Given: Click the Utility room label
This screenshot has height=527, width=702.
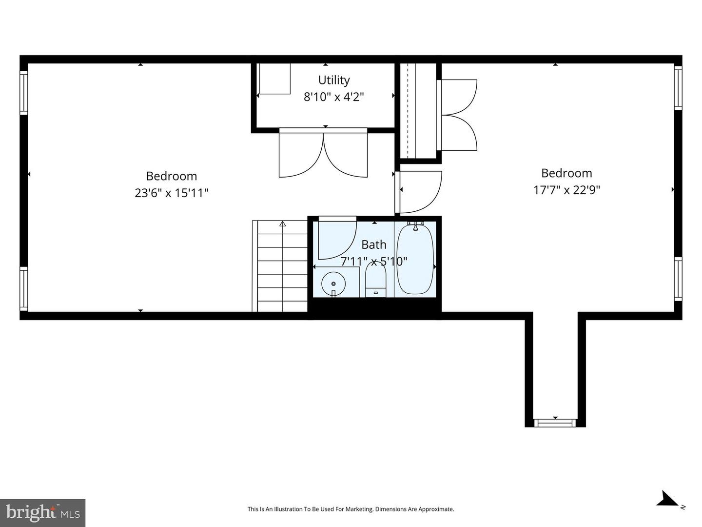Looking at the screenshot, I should (334, 80).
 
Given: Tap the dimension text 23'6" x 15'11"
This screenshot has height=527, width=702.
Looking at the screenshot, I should (172, 193).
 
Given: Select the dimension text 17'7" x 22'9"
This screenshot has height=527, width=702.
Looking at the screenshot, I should (566, 190).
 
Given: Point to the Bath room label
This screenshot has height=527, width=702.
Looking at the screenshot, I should (374, 244).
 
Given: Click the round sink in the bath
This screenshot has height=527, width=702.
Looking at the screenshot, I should (333, 284).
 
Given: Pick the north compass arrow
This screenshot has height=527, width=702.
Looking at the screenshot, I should (667, 500).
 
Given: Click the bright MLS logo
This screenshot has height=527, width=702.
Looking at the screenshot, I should (43, 513).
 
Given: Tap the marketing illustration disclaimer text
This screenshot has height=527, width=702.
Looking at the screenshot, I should (351, 509).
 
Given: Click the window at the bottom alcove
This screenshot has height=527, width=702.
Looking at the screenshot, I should (555, 423).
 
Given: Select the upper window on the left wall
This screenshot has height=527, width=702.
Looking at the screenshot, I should (23, 93).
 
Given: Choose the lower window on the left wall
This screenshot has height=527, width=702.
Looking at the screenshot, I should (23, 288).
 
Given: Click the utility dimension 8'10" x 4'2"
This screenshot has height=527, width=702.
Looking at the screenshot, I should (334, 97).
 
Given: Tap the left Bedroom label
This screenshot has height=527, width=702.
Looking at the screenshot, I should (172, 176).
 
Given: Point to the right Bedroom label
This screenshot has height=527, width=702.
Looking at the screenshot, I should (566, 173).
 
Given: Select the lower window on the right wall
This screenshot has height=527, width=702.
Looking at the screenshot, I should (678, 279).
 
